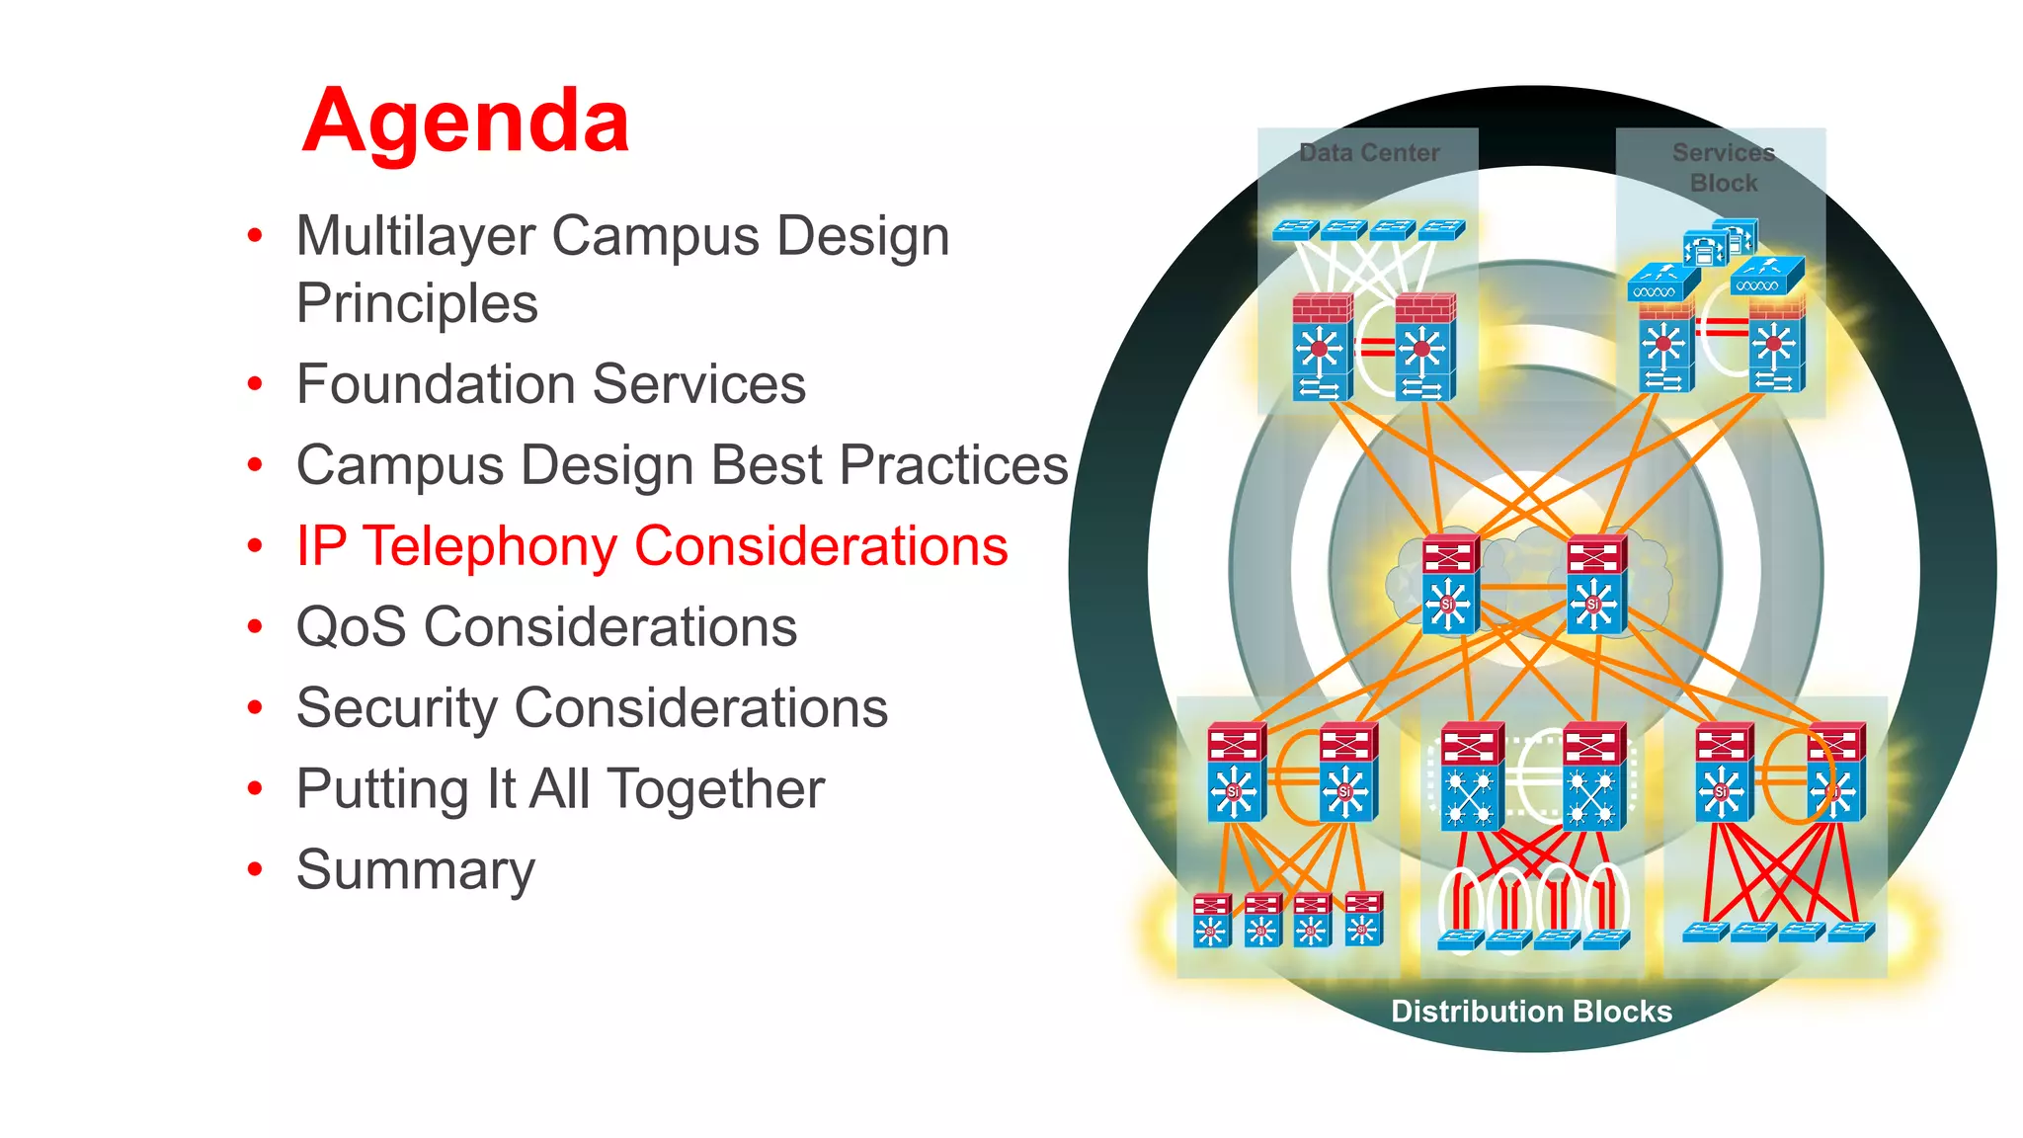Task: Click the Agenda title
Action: [x=465, y=122]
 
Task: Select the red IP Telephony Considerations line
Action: [x=652, y=546]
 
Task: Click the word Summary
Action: [x=415, y=870]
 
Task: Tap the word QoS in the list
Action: [x=351, y=627]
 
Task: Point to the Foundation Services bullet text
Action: [x=550, y=384]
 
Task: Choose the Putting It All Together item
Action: [x=560, y=789]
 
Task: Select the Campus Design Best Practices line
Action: [x=682, y=465]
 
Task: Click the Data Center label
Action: [x=1369, y=153]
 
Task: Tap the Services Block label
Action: [x=1724, y=167]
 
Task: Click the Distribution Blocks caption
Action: [x=1531, y=1012]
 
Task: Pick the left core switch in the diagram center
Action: [x=1450, y=585]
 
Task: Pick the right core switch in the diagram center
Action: [x=1594, y=585]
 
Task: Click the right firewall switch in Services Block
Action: [x=1775, y=348]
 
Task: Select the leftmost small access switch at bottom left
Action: [x=1211, y=920]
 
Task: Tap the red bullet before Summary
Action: [x=256, y=869]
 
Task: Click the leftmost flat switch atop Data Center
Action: [x=1294, y=230]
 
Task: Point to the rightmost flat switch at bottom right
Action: [x=1851, y=932]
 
